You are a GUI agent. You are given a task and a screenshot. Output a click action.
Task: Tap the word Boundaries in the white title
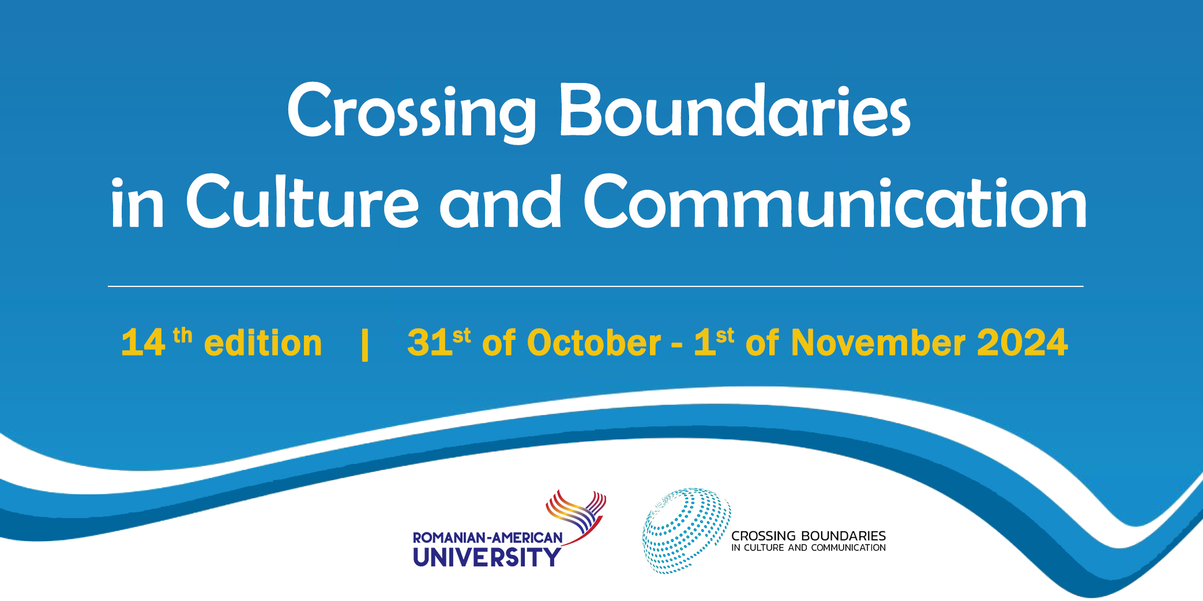[x=735, y=109]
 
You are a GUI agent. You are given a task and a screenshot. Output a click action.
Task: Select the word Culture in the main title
[x=302, y=201]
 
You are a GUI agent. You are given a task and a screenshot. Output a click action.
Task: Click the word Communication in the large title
[x=836, y=201]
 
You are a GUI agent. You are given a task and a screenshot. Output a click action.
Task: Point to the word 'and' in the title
[x=501, y=201]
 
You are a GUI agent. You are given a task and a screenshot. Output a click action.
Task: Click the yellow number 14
[x=143, y=343]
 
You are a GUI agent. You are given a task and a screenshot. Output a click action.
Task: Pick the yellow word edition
[x=263, y=343]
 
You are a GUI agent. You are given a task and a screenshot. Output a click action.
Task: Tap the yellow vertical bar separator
[x=364, y=345]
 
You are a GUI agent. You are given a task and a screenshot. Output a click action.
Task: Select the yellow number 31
[x=430, y=343]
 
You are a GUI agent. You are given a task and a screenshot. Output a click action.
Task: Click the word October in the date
[x=594, y=343]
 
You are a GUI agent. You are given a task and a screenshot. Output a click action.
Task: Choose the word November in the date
[x=878, y=343]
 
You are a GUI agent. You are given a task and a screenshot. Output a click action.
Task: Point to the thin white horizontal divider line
[x=596, y=286]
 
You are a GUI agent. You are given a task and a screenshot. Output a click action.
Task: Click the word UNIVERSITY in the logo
[x=487, y=557]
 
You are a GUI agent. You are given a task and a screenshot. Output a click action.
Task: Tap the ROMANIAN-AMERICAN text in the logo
[x=487, y=538]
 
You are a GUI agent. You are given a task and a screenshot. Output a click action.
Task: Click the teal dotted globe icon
[x=686, y=531]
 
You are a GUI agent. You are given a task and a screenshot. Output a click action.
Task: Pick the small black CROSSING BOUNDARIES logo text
[x=809, y=536]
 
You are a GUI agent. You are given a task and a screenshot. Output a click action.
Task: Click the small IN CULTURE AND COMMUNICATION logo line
[x=809, y=548]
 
